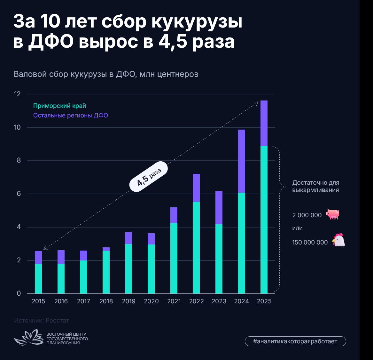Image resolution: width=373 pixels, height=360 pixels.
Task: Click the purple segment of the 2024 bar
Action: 241,161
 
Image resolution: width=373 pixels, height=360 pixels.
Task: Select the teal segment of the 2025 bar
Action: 264,220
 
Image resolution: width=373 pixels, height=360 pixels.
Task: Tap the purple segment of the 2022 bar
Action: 196,188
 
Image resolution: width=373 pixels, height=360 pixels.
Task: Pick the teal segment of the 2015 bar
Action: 38,279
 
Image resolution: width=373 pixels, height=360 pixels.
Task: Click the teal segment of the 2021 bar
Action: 174,258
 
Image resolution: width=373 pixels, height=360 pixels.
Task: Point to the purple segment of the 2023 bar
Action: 219,208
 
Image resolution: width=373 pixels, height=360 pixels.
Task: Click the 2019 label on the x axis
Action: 129,301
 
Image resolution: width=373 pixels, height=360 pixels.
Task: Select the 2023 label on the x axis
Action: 219,301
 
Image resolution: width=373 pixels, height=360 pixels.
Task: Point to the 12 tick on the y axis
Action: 17,94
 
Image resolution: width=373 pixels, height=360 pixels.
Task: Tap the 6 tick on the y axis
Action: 19,194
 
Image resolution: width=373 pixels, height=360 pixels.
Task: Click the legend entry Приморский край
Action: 59,106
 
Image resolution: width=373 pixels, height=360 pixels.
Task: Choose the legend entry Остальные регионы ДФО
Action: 71,116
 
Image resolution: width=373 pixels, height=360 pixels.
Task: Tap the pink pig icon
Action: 332,214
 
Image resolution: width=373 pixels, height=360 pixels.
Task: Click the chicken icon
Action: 338,240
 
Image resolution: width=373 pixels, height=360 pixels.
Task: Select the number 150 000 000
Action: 310,243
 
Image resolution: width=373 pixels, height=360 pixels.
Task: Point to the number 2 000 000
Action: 307,215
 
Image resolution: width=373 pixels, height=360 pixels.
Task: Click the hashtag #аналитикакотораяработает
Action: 295,341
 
